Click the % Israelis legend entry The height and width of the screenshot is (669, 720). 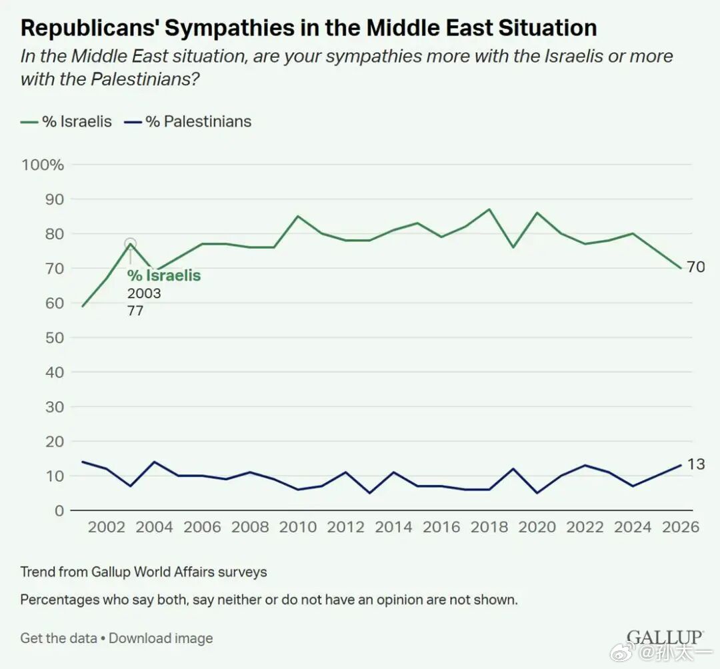[66, 122]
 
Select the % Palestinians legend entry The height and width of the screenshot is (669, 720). [188, 122]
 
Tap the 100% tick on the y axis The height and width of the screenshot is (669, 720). [43, 165]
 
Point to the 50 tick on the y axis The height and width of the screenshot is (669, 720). [54, 338]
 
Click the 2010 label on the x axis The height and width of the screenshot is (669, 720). [298, 526]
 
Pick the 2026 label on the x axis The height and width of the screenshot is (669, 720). [681, 526]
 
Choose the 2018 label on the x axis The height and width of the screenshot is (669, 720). [489, 526]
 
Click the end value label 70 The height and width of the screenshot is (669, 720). [696, 267]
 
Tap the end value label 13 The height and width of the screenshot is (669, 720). [696, 464]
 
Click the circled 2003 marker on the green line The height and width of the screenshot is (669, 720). [131, 243]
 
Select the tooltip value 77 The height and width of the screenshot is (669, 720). [135, 311]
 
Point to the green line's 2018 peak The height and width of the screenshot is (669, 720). [489, 209]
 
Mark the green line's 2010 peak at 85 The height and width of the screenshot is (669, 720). [298, 216]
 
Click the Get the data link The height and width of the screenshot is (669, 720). [59, 638]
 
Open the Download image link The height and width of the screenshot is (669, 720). [161, 638]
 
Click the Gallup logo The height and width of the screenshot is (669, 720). [665, 638]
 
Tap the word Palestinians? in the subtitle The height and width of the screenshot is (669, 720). [145, 79]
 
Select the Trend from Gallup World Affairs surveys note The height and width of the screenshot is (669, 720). [144, 572]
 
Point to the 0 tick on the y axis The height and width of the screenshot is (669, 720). [59, 510]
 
